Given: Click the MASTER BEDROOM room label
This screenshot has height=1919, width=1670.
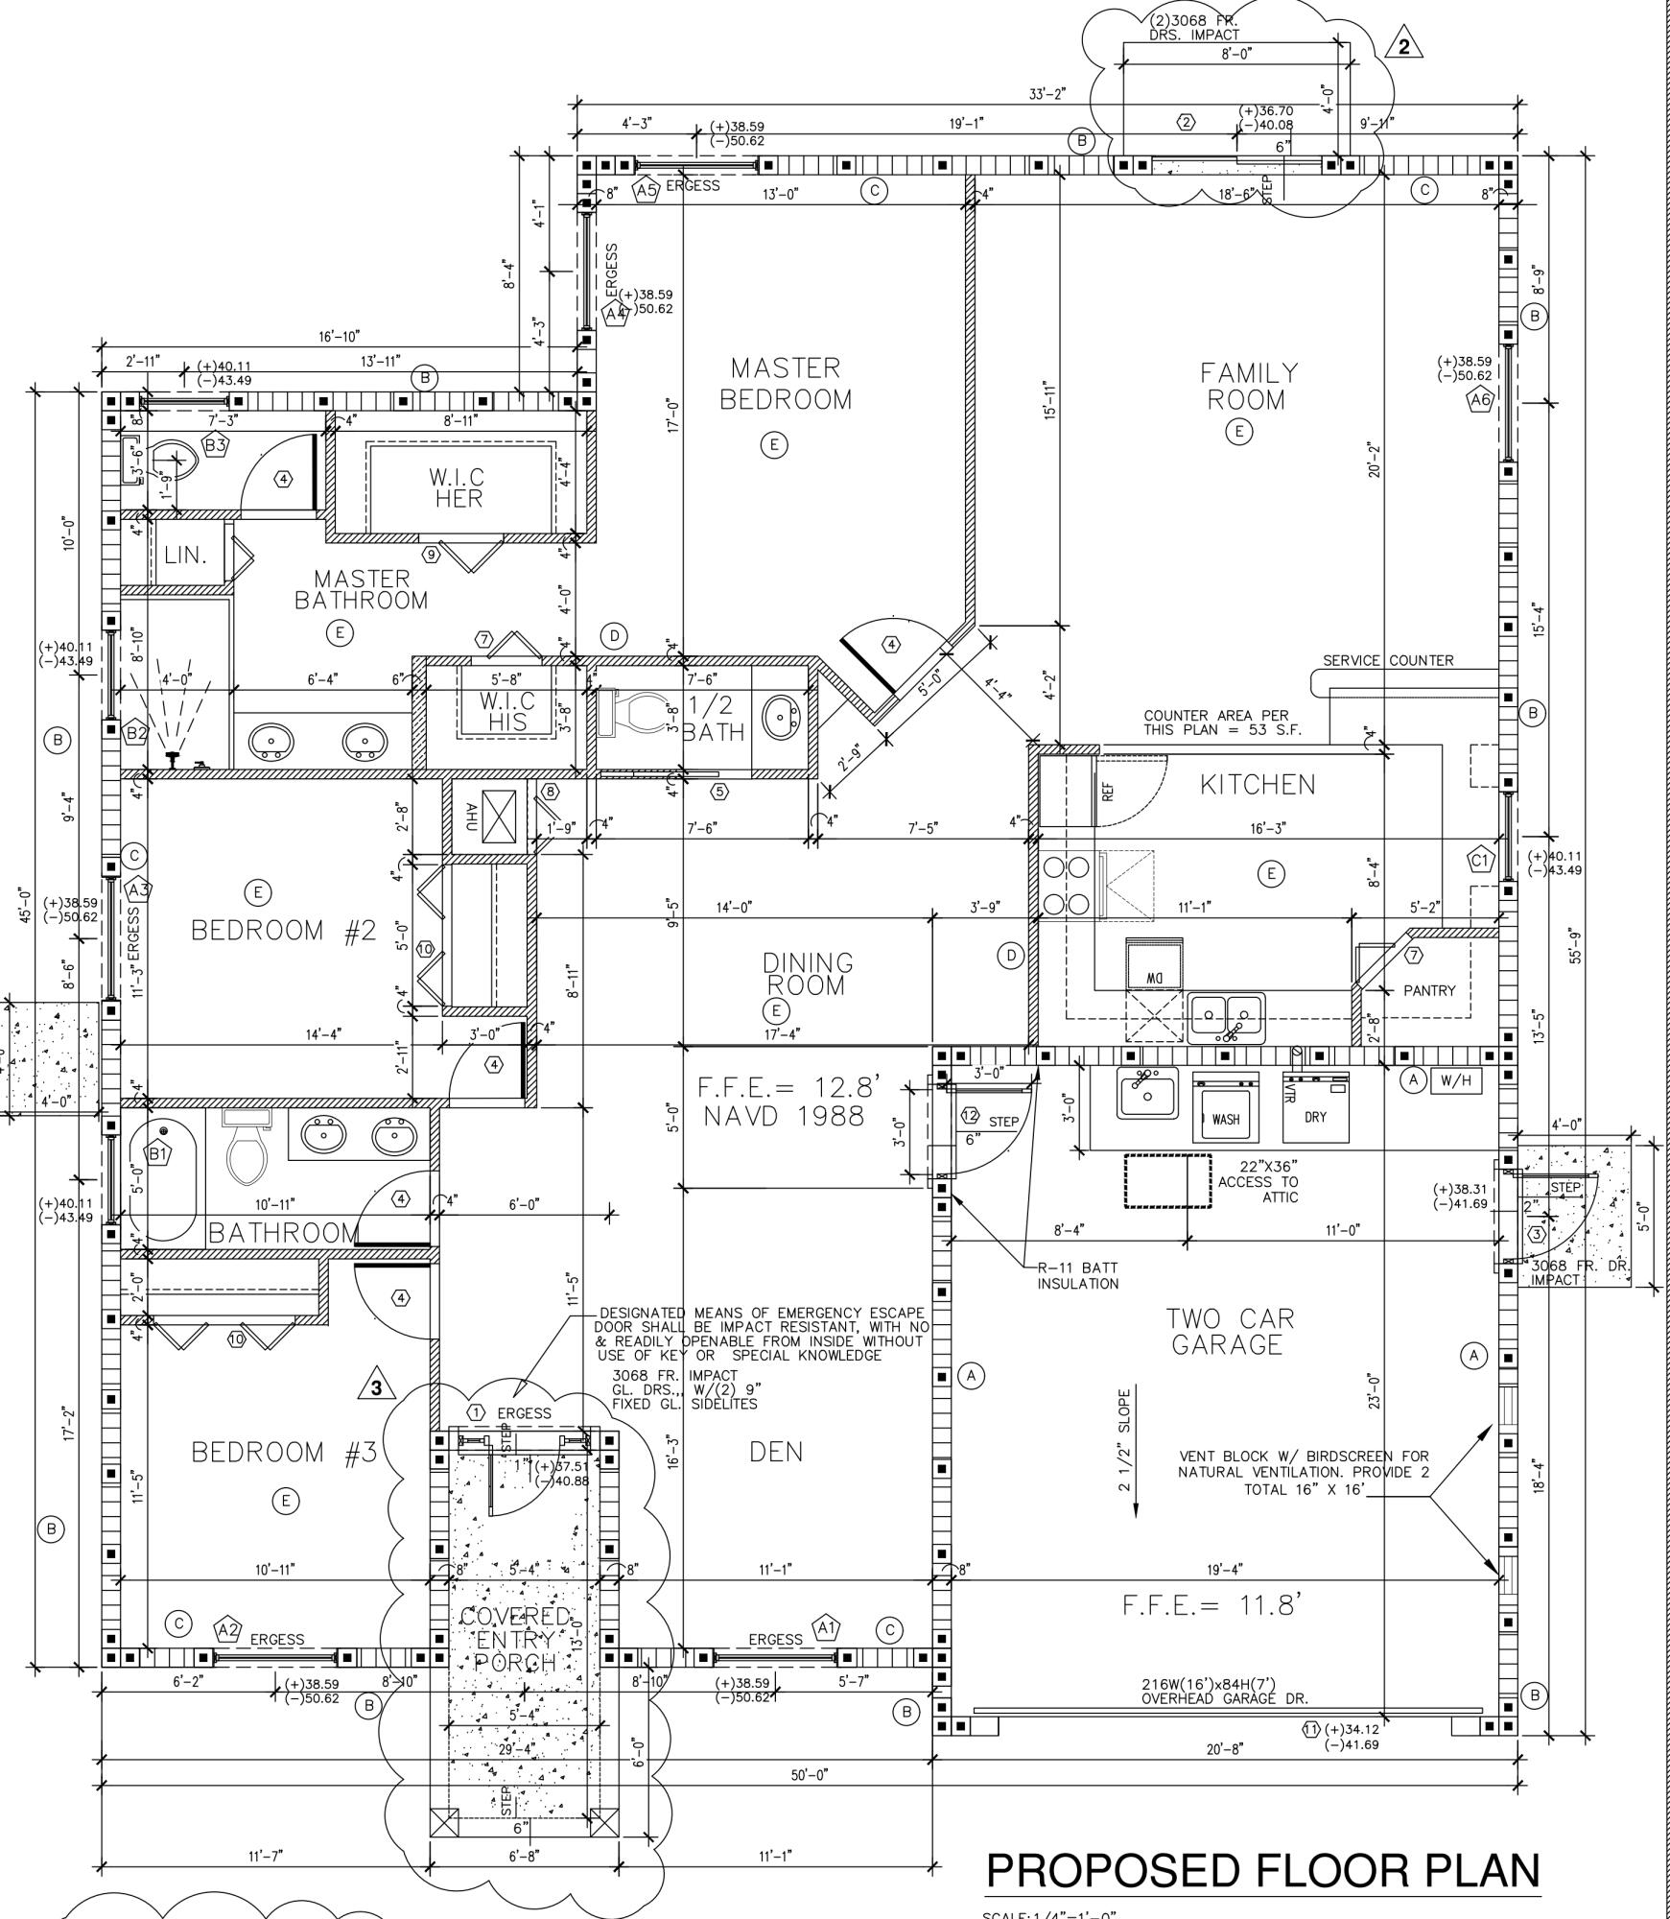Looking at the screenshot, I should click(x=786, y=384).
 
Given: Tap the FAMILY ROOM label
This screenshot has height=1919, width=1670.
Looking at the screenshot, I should click(x=1250, y=386).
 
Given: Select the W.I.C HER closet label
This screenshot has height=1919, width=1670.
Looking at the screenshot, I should click(x=457, y=487).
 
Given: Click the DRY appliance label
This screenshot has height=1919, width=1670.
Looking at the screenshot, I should click(x=1315, y=1116).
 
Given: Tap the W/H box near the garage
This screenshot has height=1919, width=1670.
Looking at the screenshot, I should click(x=1455, y=1080).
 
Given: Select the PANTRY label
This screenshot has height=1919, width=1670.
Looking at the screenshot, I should click(x=1428, y=990).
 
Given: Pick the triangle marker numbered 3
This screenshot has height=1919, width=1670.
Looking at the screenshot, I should click(x=376, y=1386).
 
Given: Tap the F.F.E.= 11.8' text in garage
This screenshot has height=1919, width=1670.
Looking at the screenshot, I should click(x=1211, y=1604).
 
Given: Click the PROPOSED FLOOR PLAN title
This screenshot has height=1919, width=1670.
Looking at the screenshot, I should click(x=1262, y=1870).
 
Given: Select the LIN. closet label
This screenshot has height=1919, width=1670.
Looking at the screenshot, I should click(x=185, y=555).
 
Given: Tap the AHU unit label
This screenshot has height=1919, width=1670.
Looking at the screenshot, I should click(x=471, y=817).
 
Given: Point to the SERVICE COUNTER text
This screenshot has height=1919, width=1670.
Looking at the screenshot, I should click(x=1387, y=660).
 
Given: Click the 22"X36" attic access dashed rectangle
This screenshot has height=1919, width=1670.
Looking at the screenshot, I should click(x=1167, y=1180).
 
